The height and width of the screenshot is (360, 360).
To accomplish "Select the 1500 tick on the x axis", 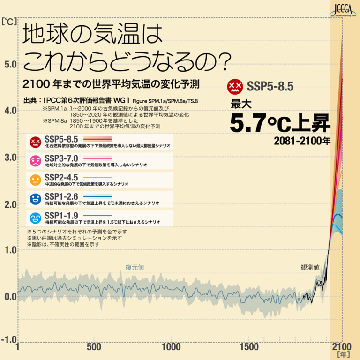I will pos(250,347).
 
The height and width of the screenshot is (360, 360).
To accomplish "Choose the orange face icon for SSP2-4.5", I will pos(35,180).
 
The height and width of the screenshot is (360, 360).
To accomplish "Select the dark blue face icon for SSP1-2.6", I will pos(35,199).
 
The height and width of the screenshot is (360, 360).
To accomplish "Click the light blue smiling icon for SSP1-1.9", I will pos(35,217).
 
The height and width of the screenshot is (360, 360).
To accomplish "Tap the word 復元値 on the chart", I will pos(135,267).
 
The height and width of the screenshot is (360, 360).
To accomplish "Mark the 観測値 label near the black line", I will pos(310,267).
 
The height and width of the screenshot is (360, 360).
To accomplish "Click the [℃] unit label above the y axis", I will pos(9,21).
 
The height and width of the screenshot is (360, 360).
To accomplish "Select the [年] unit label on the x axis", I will pos(343,355).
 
